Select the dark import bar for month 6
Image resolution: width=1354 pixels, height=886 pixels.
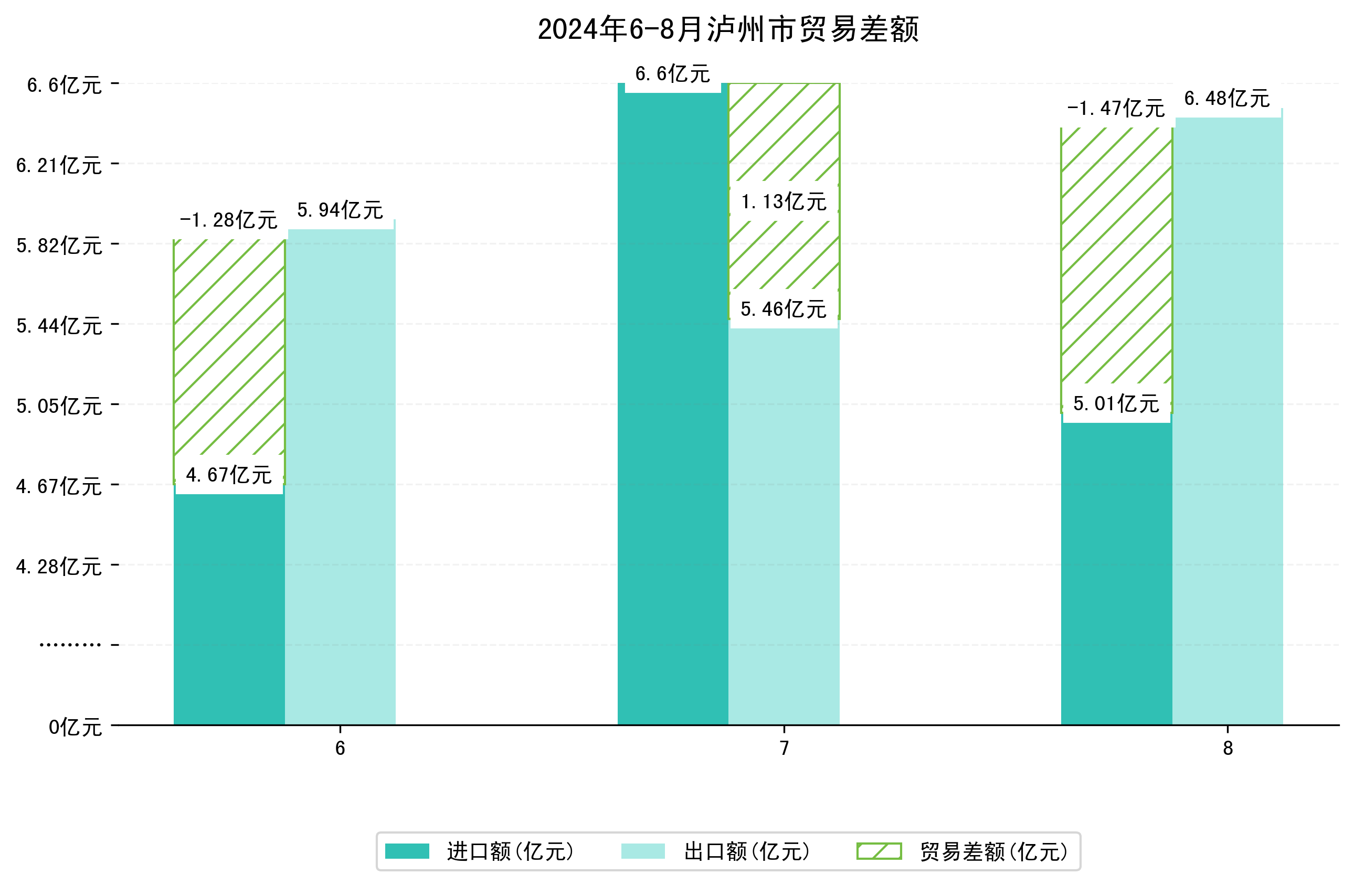tap(229, 609)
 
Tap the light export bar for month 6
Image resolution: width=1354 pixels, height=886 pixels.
tap(340, 478)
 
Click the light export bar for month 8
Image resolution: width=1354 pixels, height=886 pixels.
tap(1228, 421)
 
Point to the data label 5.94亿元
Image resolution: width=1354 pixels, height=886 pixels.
tap(340, 210)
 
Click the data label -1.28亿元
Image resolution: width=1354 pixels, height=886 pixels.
tap(229, 220)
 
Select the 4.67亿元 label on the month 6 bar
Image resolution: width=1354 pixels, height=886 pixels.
tap(229, 475)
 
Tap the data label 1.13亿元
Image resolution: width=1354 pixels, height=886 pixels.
tap(784, 202)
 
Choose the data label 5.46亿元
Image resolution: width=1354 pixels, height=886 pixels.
tap(784, 309)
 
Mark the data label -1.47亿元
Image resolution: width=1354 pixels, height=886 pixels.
tap(1116, 108)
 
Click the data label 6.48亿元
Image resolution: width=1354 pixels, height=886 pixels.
tap(1227, 99)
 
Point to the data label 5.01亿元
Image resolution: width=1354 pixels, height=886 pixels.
tap(1116, 404)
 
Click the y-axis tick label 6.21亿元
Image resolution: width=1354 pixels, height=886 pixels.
tap(59, 165)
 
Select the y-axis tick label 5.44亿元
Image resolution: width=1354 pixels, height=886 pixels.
tap(59, 326)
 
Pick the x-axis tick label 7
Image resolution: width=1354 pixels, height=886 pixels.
tap(784, 749)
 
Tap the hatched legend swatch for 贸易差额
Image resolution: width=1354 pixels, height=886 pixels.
tap(879, 851)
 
